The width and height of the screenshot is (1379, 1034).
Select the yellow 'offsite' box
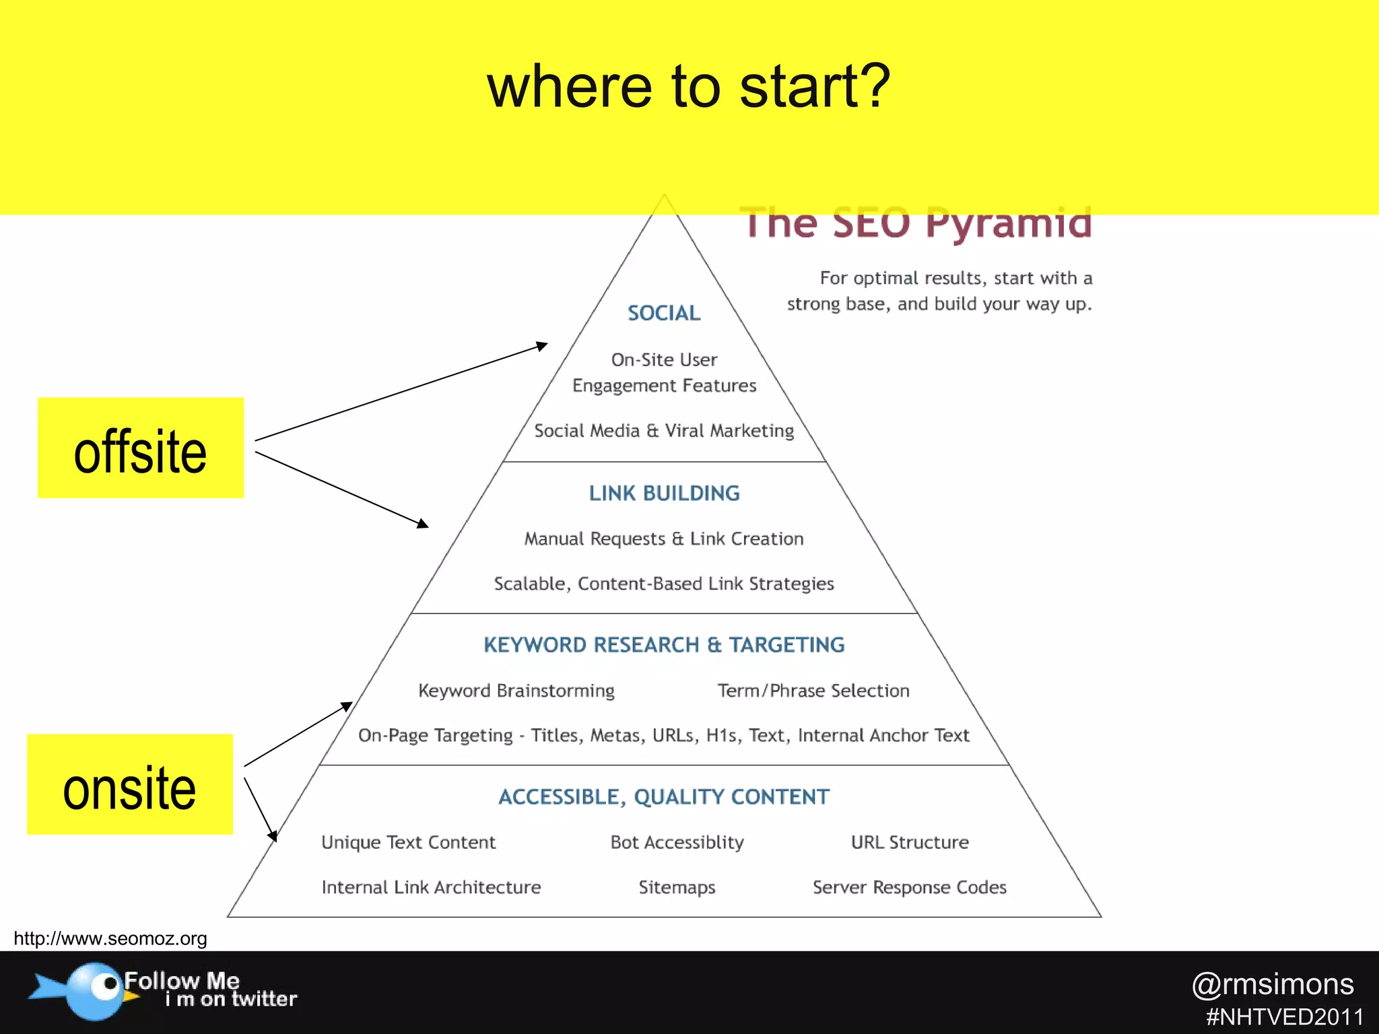[x=140, y=448]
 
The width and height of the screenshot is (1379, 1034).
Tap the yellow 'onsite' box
[x=130, y=785]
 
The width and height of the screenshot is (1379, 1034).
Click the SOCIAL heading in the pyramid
[x=664, y=313]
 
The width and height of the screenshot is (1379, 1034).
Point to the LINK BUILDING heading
[x=664, y=493]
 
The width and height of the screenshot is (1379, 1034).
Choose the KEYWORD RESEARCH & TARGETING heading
[x=664, y=645]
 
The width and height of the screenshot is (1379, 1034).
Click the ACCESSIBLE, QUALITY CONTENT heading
[x=664, y=797]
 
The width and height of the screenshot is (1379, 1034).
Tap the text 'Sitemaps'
[x=677, y=887]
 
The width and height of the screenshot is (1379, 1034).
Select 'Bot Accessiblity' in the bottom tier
[x=677, y=842]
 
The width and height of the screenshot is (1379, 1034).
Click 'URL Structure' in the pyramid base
[x=910, y=842]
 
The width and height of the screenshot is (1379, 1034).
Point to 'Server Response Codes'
[x=910, y=887]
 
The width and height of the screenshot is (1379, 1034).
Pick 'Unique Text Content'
[x=408, y=842]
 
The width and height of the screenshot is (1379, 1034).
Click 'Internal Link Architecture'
[x=431, y=887]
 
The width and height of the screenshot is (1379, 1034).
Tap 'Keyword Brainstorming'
[x=516, y=691]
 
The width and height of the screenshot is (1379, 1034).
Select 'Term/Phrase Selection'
[x=813, y=691]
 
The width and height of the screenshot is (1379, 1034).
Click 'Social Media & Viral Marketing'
[x=664, y=431]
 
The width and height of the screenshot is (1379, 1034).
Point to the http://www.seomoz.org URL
[x=110, y=938]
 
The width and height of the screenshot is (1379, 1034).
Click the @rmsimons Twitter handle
[x=1273, y=984]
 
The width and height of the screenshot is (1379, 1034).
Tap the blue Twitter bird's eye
[x=106, y=984]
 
